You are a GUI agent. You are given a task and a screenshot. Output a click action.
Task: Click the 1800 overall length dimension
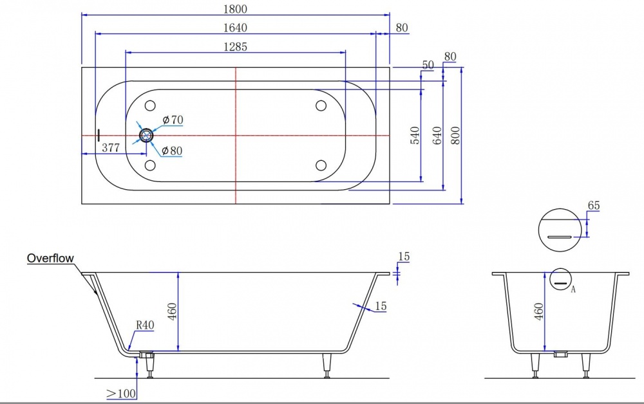tap(235, 10)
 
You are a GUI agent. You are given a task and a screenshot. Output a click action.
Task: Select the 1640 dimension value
tap(235, 28)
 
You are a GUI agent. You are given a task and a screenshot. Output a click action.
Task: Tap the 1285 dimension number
tap(236, 46)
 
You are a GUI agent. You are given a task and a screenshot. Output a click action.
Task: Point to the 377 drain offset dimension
tap(111, 147)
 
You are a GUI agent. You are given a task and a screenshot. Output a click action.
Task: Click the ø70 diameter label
tap(173, 120)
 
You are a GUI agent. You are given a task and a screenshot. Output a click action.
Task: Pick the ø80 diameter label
tap(173, 151)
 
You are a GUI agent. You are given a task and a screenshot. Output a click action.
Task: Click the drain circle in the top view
tap(147, 135)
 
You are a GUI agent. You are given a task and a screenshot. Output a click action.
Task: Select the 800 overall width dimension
tap(456, 135)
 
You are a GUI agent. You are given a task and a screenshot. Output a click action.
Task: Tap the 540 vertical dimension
tap(415, 135)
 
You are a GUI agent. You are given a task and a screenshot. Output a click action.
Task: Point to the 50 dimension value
tap(428, 64)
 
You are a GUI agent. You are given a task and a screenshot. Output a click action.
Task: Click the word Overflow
tap(50, 259)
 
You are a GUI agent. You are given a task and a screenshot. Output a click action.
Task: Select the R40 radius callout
tap(145, 326)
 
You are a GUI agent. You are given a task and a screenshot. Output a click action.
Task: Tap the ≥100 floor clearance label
tap(121, 392)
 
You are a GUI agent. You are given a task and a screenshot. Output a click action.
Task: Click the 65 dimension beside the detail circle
tap(593, 206)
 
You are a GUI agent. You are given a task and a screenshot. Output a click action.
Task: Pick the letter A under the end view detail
tap(573, 289)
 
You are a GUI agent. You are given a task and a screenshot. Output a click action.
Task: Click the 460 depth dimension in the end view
tap(539, 310)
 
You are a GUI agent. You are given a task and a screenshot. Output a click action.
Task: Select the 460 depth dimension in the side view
tap(172, 311)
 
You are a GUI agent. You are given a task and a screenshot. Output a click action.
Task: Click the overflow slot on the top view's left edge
tap(99, 135)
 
